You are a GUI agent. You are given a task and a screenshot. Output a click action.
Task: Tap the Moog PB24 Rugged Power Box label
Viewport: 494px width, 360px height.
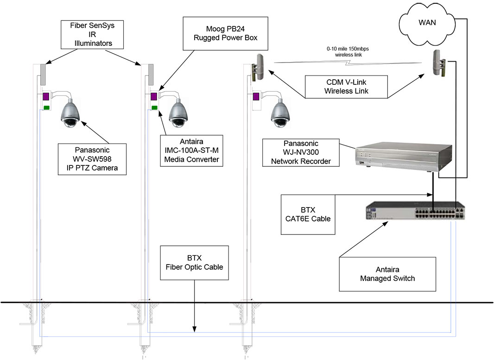226,34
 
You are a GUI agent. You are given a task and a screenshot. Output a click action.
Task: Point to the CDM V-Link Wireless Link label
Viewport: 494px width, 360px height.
346,87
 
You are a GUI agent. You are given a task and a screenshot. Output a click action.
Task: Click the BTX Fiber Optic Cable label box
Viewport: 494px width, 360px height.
194,263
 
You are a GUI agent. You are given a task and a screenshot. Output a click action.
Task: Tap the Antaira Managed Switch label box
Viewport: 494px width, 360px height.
387,274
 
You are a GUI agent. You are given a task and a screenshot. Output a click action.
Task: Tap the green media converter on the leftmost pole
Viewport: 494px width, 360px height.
46,108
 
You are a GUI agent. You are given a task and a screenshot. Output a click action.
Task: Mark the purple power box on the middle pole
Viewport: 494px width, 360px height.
153,97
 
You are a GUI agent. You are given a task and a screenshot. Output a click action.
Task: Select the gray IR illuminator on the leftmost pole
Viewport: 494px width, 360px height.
42,74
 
